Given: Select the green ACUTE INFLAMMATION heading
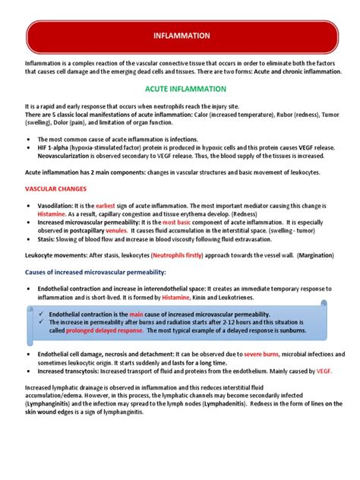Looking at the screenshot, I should click(180, 89).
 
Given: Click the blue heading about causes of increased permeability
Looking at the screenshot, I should click(95, 271).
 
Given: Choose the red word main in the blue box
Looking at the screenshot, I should click(137, 314).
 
